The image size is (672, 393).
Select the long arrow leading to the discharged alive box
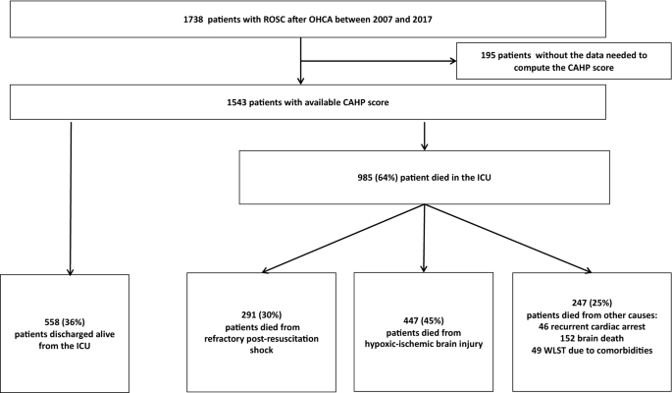coord(70,196)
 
